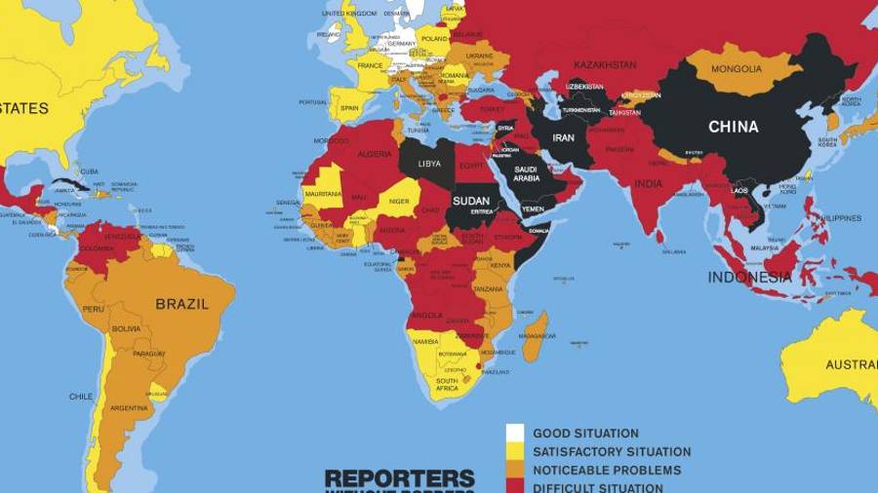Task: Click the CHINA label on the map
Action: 733,127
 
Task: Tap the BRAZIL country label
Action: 181,304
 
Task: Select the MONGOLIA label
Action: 737,69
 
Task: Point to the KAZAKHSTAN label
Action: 605,65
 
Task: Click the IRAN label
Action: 564,138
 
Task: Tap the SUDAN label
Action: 472,202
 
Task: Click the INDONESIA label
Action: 749,277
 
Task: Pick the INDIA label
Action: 648,183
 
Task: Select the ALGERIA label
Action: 376,154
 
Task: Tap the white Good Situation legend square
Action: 515,433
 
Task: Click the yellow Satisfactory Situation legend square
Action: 515,451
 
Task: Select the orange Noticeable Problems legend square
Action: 515,470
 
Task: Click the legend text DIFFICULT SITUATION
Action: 597,487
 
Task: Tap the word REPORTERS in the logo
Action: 399,478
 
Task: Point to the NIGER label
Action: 400,202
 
